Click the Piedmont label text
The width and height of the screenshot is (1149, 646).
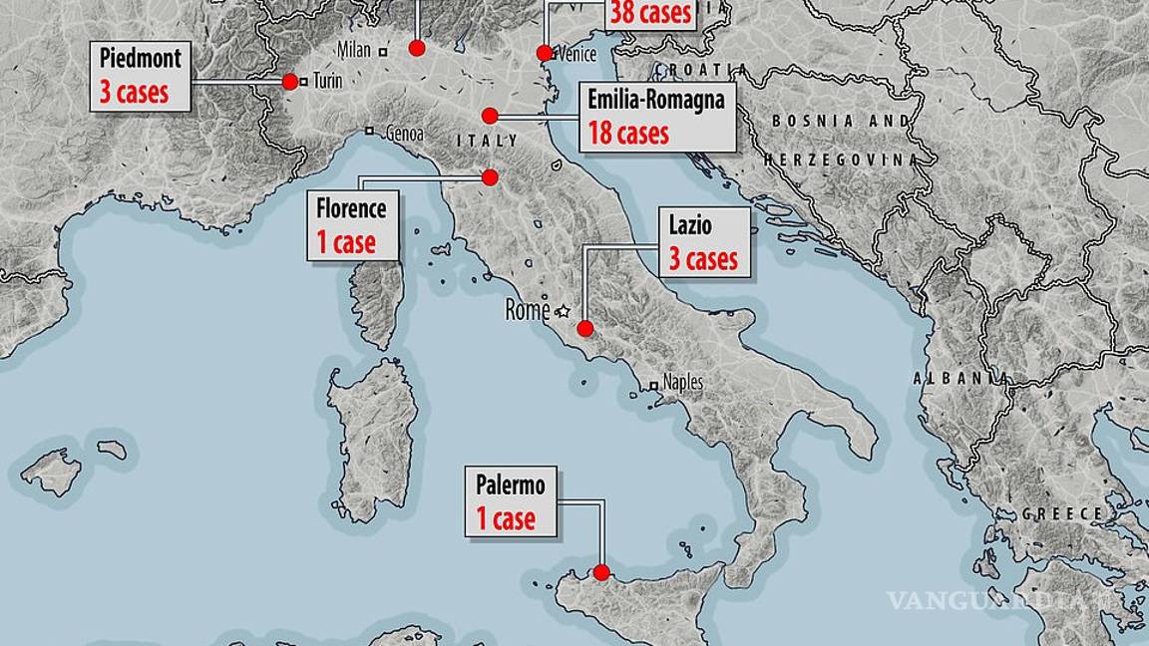point(141,59)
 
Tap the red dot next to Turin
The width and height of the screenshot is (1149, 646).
point(290,82)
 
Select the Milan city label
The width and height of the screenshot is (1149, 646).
point(353,50)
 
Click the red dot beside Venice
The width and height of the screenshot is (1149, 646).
point(545,53)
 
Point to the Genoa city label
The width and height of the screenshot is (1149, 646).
point(403,134)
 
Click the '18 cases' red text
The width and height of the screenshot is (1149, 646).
point(628,134)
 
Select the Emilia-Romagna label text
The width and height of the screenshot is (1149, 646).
point(655,100)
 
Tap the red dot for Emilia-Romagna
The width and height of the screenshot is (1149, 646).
point(490,116)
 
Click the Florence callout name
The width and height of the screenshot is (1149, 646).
point(351,209)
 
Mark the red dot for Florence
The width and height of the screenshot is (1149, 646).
point(490,177)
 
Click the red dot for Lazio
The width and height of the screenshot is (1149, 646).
point(585,328)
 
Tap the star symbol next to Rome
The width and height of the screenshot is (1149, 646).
point(563,310)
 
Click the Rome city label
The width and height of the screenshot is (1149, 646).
point(527,310)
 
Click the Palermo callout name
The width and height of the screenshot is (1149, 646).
point(511,485)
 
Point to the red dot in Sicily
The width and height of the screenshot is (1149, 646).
point(601,572)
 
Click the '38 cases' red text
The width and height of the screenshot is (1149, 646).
point(649,13)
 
